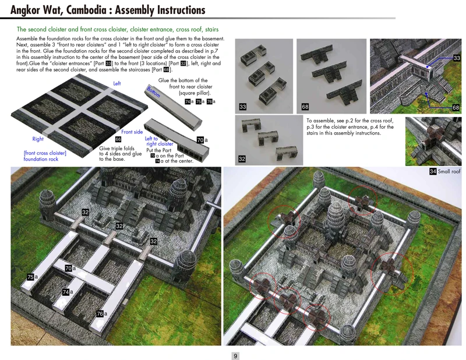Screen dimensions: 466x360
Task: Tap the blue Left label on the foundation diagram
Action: tap(117, 84)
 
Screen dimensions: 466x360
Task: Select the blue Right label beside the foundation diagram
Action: tap(38, 139)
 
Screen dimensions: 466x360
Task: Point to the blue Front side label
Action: tap(132, 132)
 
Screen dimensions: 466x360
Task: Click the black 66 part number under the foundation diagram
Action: tap(118, 140)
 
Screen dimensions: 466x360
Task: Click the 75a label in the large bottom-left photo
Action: tap(32, 277)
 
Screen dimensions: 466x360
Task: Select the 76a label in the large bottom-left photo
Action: tap(101, 314)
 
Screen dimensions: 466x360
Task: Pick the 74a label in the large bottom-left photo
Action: tap(68, 291)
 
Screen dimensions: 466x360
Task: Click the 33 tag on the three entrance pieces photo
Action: tap(242, 107)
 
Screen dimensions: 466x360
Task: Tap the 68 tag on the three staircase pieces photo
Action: tap(305, 107)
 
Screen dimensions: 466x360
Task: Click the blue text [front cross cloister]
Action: tap(45, 153)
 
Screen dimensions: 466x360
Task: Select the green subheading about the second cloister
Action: tap(118, 29)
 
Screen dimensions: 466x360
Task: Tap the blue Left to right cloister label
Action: tap(158, 142)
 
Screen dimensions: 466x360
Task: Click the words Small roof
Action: tap(449, 172)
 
